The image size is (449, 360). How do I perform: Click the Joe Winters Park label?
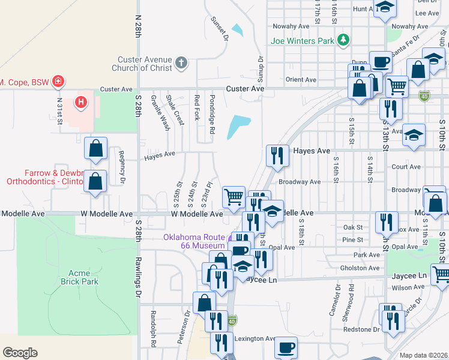pyautogui.click(x=302, y=41)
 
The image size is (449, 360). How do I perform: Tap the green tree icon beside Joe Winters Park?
pyautogui.click(x=343, y=40)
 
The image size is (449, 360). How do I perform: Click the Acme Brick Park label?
pyautogui.click(x=79, y=277)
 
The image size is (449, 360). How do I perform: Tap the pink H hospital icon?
pyautogui.click(x=80, y=103)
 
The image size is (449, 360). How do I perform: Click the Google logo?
pyautogui.click(x=20, y=352)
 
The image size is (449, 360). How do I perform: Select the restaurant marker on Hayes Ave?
pyautogui.click(x=277, y=155)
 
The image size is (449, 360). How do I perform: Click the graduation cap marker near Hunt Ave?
pyautogui.click(x=385, y=8)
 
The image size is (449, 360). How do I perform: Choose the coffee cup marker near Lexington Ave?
pyautogui.click(x=286, y=347)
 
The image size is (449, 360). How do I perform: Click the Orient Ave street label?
pyautogui.click(x=301, y=80)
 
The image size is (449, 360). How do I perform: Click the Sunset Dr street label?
pyautogui.click(x=220, y=28)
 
